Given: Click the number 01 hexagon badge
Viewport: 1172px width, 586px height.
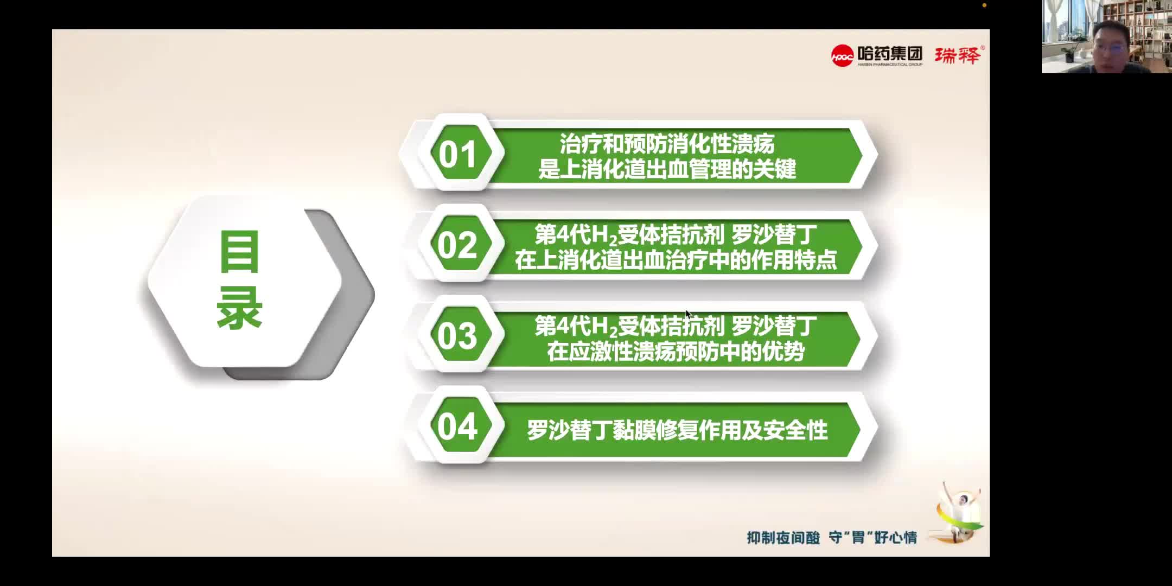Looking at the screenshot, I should point(457,154).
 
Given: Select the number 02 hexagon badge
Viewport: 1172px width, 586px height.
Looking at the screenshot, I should point(457,245).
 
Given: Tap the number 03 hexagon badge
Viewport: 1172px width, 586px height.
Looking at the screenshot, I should point(457,336).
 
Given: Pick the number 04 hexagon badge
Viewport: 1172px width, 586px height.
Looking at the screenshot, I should point(457,426).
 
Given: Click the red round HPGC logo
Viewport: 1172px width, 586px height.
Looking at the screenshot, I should point(843,55).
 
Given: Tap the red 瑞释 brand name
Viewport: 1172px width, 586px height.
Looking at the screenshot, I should point(958,55).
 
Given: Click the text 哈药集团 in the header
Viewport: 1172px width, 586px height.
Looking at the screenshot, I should point(890,53).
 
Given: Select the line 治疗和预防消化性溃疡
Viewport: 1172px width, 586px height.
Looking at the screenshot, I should point(667,144).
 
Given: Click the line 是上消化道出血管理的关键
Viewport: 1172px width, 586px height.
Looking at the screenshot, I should point(667,169).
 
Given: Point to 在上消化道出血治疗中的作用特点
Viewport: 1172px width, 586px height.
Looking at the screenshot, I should point(676,260).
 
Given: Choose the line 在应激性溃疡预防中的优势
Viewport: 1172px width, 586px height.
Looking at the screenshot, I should point(676,352).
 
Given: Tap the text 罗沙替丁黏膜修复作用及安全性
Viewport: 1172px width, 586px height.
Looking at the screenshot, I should point(677,430).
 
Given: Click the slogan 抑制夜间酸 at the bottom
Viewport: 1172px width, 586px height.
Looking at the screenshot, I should point(783,538).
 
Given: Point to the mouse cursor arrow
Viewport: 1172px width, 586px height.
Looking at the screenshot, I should point(687,314).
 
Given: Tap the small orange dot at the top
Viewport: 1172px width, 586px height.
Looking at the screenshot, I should point(984,5).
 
